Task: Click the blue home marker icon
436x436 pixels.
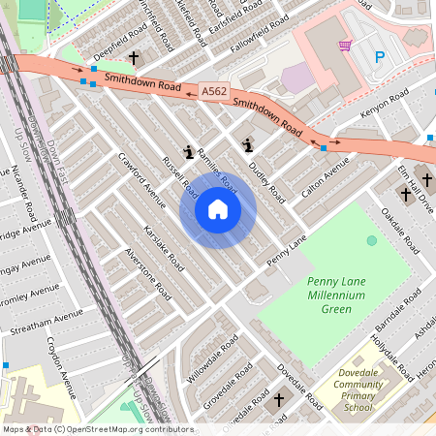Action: (218, 210)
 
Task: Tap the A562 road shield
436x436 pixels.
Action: (215, 91)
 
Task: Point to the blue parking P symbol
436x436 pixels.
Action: (380, 58)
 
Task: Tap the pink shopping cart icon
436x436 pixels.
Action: (344, 45)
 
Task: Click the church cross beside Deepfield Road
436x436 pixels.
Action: (133, 58)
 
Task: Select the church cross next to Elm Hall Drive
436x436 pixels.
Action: (406, 194)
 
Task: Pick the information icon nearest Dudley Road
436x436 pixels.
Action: (248, 145)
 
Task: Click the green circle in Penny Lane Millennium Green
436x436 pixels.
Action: (372, 240)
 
